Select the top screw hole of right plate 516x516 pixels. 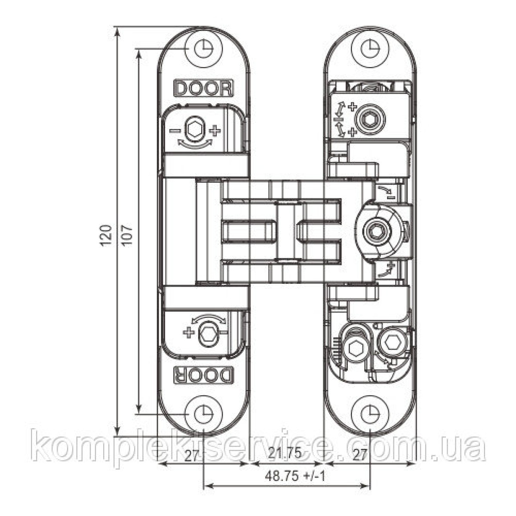pyautogui.click(x=370, y=49)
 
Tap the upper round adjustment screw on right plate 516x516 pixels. pyautogui.click(x=370, y=118)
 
